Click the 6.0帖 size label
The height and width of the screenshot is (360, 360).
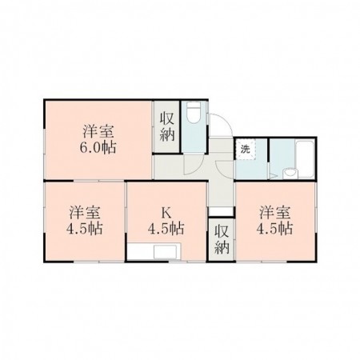tap(98, 147)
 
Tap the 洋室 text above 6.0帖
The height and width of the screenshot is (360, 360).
tap(98, 131)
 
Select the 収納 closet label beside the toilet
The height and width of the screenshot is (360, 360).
tap(167, 126)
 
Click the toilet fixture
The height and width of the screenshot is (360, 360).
tap(194, 113)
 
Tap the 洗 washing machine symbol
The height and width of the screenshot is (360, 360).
tap(245, 150)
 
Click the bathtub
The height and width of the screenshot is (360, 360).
tap(305, 159)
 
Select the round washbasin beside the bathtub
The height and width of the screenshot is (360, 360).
tap(290, 173)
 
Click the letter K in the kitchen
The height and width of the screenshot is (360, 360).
tap(166, 213)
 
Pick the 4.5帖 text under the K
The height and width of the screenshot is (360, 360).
tap(166, 229)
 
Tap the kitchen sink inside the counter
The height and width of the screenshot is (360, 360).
tap(166, 252)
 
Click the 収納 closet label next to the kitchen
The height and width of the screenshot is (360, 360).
tap(222, 239)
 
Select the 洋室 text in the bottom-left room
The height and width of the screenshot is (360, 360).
tap(85, 213)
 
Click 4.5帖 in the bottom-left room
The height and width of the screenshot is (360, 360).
tap(84, 229)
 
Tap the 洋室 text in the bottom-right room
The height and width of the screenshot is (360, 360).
tap(275, 213)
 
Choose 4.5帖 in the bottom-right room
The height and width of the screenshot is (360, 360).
tap(274, 229)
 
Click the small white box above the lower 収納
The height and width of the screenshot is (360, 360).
tap(221, 211)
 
